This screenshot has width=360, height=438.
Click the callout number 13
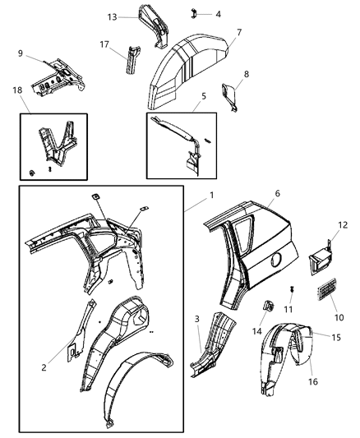pos(112,16)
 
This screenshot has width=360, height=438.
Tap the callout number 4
pos(218,14)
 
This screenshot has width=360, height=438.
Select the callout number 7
pos(238,32)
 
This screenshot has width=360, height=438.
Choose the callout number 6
pos(254,216)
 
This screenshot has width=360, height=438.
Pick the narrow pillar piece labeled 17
pos(128,62)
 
